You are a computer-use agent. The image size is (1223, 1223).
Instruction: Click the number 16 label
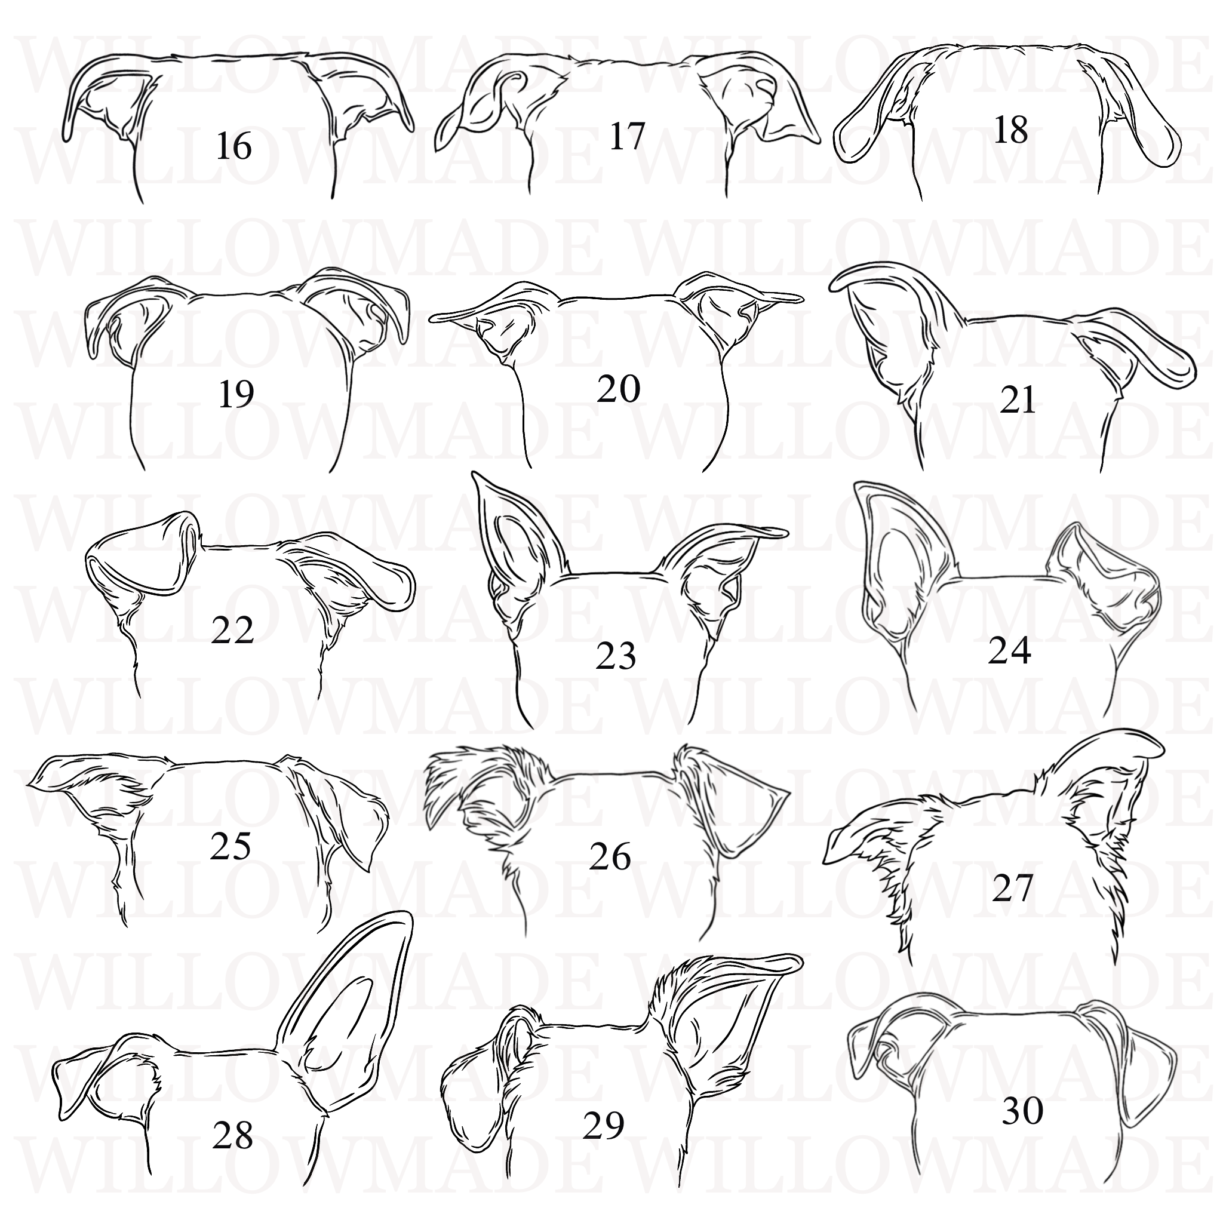coord(233,147)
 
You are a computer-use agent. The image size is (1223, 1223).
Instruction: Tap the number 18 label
coord(1011,131)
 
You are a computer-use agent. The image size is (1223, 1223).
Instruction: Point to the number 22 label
coord(232,630)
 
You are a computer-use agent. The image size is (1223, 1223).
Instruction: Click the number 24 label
coord(1010,651)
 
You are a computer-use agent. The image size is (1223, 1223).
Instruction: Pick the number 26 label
coord(610,857)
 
